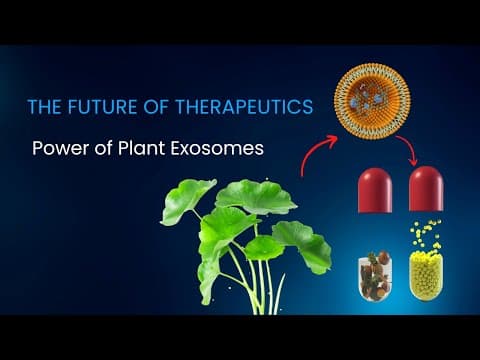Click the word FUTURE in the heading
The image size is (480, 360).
tap(102, 107)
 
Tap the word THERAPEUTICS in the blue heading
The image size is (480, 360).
tap(244, 107)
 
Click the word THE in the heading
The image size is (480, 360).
tap(45, 107)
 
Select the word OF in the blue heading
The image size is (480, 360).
tap(156, 107)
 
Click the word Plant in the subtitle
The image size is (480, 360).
tap(141, 148)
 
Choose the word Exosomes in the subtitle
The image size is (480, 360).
tap(217, 148)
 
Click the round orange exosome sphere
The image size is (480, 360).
tap(372, 101)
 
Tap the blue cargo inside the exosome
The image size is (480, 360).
tap(371, 98)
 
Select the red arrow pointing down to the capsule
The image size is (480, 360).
tap(409, 149)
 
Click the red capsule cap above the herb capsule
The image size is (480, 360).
tap(375, 190)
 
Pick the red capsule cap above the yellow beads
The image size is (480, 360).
tap(426, 189)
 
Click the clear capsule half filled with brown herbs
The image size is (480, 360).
tap(375, 275)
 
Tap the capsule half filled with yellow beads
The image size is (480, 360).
tap(426, 276)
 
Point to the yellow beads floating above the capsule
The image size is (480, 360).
tap(425, 234)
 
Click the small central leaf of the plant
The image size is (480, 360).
tap(264, 247)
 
